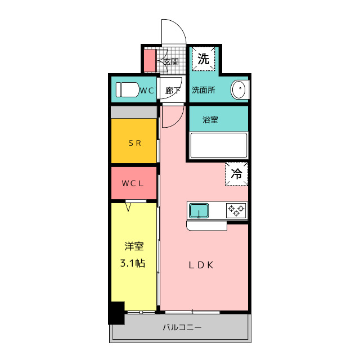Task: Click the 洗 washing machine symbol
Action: [204, 58]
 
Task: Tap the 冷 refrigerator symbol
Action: [236, 174]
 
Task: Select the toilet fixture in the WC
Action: [128, 90]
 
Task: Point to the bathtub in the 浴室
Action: [219, 145]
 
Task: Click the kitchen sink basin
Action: [199, 210]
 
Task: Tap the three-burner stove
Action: [236, 210]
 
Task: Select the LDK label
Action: [201, 265]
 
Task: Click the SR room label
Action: [134, 143]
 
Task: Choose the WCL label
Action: [133, 183]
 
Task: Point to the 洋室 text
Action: [134, 246]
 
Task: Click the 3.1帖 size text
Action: [133, 263]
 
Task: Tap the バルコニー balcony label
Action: [182, 327]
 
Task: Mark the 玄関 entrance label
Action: [171, 62]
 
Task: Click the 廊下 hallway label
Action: [173, 91]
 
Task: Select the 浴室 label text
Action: [210, 120]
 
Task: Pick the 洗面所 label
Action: [204, 90]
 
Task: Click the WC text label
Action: [147, 91]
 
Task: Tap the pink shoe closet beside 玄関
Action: [150, 61]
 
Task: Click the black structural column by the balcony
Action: [117, 313]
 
